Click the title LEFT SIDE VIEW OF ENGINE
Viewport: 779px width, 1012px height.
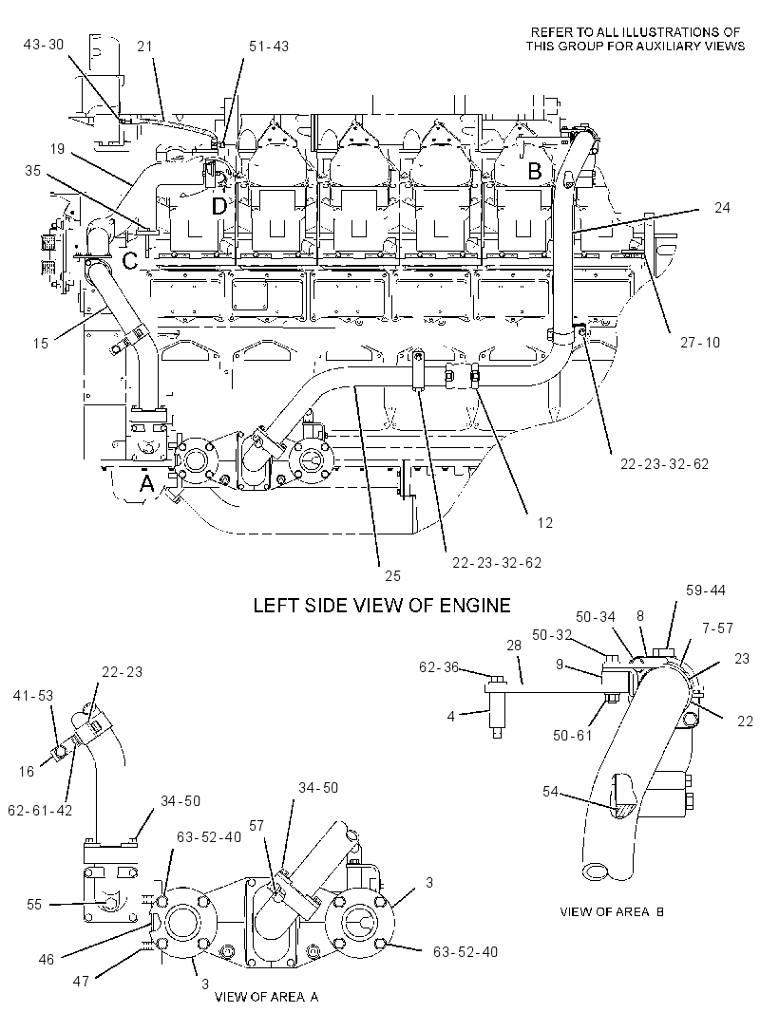pyautogui.click(x=382, y=606)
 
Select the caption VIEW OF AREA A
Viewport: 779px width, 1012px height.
pyautogui.click(x=266, y=997)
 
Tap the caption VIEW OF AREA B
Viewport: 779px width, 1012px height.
pyautogui.click(x=612, y=912)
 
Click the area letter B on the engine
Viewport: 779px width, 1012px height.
pyautogui.click(x=535, y=171)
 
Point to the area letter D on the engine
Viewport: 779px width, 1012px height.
pyautogui.click(x=219, y=207)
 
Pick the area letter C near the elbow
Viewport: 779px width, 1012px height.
pyautogui.click(x=130, y=261)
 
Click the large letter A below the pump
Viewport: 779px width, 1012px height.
pyautogui.click(x=147, y=483)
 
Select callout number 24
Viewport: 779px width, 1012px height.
pyautogui.click(x=721, y=207)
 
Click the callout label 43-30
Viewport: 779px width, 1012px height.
pyautogui.click(x=44, y=44)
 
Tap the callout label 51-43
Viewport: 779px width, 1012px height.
pyautogui.click(x=269, y=47)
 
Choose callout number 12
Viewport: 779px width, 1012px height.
pyautogui.click(x=545, y=523)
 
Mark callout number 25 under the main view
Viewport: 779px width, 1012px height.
pyautogui.click(x=392, y=575)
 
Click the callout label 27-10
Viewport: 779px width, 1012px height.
pyautogui.click(x=699, y=342)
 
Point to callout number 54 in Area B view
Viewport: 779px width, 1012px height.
pyautogui.click(x=550, y=791)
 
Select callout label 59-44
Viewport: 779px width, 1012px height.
pyautogui.click(x=705, y=590)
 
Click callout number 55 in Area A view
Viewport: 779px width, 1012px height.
pyautogui.click(x=33, y=904)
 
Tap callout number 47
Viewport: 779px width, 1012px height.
pyautogui.click(x=81, y=982)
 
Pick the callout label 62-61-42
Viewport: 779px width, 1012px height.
pyautogui.click(x=40, y=810)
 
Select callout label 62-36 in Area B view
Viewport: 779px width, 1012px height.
pyautogui.click(x=439, y=667)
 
